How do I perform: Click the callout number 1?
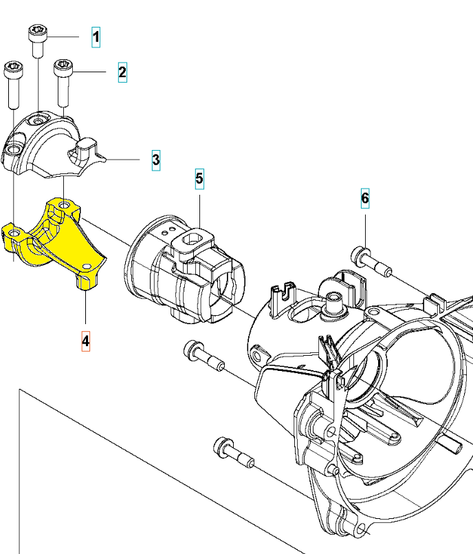[x=96, y=37]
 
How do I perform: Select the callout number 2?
[x=122, y=72]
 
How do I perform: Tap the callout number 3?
[x=156, y=160]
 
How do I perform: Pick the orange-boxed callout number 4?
[x=85, y=341]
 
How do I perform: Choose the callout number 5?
[x=199, y=179]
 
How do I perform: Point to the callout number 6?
[x=365, y=198]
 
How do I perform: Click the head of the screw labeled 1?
[x=37, y=32]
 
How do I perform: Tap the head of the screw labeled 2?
[x=63, y=67]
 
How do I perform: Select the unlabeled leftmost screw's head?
[x=14, y=70]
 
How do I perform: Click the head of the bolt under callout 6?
[x=361, y=256]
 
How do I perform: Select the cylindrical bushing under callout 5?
[x=186, y=268]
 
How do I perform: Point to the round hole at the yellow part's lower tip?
[x=86, y=266]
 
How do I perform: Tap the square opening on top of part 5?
[x=192, y=239]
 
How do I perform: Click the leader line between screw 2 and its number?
[x=89, y=72]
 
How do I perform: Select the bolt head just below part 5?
[x=192, y=350]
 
